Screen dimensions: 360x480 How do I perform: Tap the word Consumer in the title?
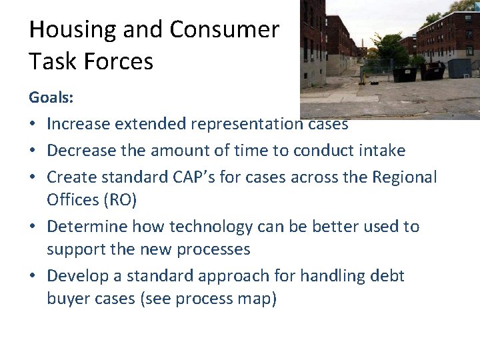(x=224, y=31)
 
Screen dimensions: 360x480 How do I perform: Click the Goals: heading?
(x=51, y=98)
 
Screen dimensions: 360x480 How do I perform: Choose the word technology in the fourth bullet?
(x=211, y=227)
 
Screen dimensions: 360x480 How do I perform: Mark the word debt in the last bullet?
(x=385, y=276)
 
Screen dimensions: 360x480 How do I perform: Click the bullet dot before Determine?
(x=33, y=227)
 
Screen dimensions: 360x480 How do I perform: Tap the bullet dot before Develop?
(x=33, y=277)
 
